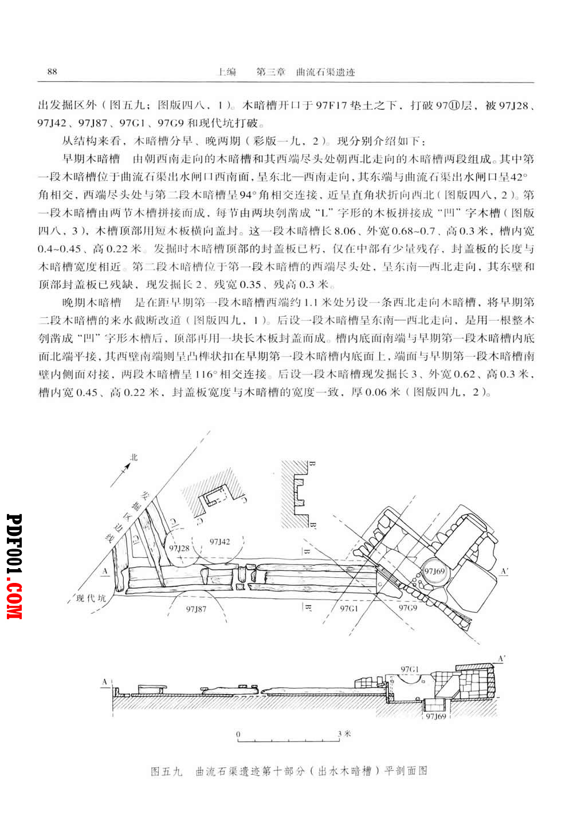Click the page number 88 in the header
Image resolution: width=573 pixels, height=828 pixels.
click(52, 72)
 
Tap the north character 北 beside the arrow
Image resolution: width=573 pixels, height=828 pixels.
click(134, 458)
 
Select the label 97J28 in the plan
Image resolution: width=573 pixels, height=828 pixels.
click(179, 548)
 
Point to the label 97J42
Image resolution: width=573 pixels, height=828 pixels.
click(219, 542)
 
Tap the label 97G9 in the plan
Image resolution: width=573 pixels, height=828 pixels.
click(407, 608)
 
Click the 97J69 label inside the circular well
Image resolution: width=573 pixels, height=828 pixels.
click(434, 571)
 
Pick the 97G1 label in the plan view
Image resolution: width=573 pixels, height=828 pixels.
click(349, 609)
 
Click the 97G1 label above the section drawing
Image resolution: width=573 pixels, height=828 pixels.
click(410, 669)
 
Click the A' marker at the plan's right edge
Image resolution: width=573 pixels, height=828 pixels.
click(504, 571)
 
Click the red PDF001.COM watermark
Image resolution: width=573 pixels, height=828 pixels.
click(14, 566)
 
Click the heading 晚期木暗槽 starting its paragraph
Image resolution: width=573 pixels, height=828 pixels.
click(91, 302)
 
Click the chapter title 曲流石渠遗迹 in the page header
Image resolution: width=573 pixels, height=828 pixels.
click(325, 72)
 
